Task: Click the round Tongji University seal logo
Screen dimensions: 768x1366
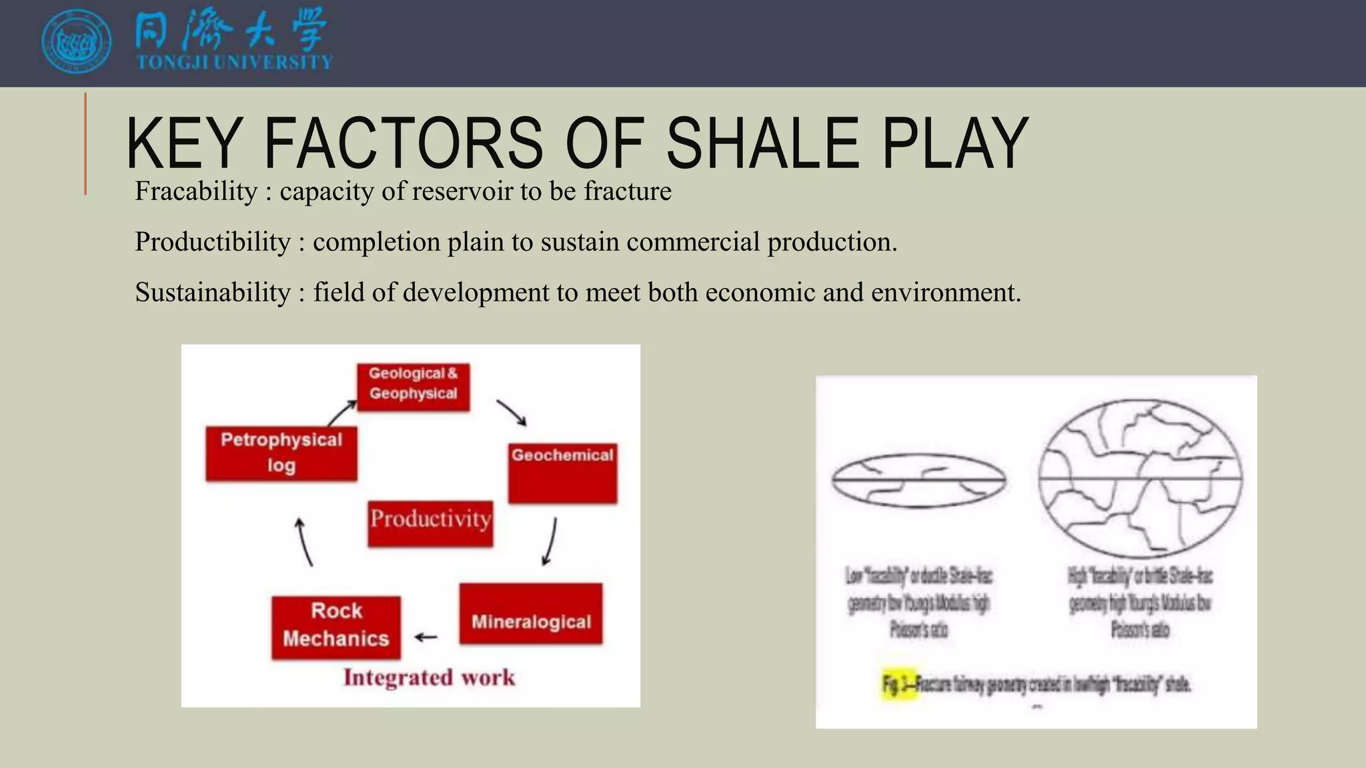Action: point(77,41)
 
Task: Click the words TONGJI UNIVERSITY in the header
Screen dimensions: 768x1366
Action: point(234,63)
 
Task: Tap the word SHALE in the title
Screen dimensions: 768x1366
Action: point(763,143)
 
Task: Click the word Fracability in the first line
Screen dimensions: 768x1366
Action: point(196,191)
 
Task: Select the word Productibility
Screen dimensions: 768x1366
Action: point(213,242)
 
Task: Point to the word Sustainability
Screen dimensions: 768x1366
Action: point(213,293)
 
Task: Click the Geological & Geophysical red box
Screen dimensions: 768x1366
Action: point(413,387)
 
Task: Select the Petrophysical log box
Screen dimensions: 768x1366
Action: point(281,453)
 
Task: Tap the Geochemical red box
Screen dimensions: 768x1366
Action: point(562,473)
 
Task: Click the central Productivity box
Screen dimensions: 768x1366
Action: point(430,523)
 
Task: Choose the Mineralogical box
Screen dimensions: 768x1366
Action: point(531,614)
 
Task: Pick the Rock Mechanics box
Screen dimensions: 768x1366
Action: point(336,627)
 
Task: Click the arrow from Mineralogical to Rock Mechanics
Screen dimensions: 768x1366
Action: point(426,637)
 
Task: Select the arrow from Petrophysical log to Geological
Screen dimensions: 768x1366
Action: point(342,413)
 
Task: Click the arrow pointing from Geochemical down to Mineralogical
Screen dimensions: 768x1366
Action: point(550,541)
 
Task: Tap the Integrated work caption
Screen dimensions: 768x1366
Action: point(429,678)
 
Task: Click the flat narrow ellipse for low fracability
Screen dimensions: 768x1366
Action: point(918,481)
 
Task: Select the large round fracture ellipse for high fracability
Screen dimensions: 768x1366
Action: point(1141,479)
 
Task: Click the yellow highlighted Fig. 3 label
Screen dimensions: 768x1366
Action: point(898,683)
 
